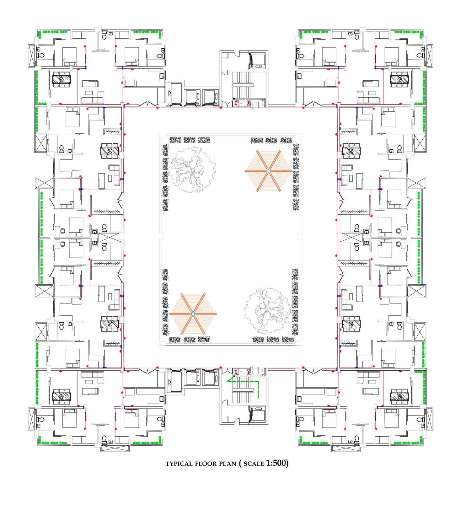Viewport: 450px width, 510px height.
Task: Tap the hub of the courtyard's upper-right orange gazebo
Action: point(268,170)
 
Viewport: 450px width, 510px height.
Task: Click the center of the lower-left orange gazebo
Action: point(193,314)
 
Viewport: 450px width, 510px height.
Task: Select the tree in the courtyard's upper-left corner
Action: point(192,169)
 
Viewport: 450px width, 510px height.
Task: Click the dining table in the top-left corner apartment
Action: point(62,79)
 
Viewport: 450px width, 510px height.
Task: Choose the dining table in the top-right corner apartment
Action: point(399,79)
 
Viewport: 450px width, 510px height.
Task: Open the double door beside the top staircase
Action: point(226,104)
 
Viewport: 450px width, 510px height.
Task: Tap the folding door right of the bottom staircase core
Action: point(313,372)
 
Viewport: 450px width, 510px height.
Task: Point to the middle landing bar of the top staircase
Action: point(243,84)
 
